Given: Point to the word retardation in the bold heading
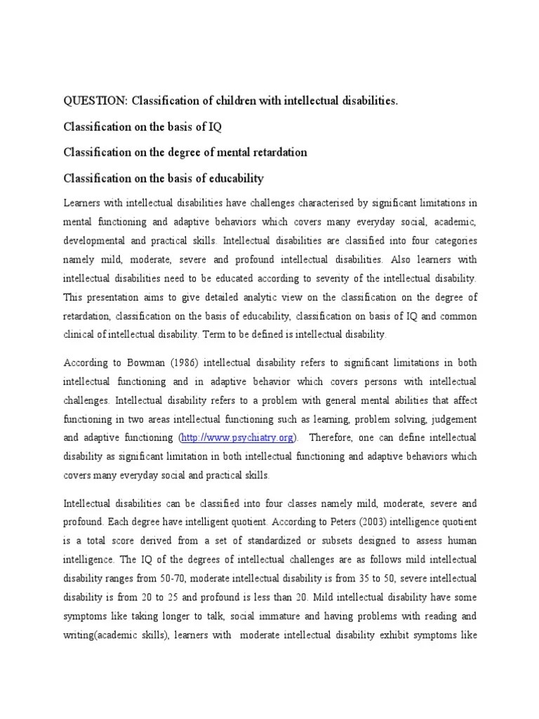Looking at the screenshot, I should pyautogui.click(x=271, y=152).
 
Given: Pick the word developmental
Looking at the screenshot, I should pyautogui.click(x=96, y=240).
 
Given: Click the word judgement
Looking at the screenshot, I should pyautogui.click(x=451, y=419).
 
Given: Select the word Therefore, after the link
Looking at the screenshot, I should pyautogui.click(x=333, y=438).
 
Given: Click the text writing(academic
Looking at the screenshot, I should pyautogui.click(x=107, y=634).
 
